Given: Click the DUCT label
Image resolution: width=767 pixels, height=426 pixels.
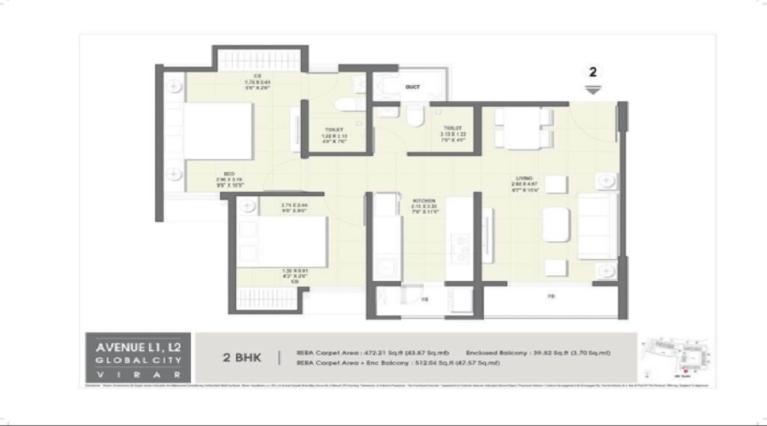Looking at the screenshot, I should tap(412, 87).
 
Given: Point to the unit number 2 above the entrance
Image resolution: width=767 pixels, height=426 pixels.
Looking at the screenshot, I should tap(593, 72).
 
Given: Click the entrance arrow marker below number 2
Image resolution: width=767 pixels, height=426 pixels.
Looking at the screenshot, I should tap(593, 88).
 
